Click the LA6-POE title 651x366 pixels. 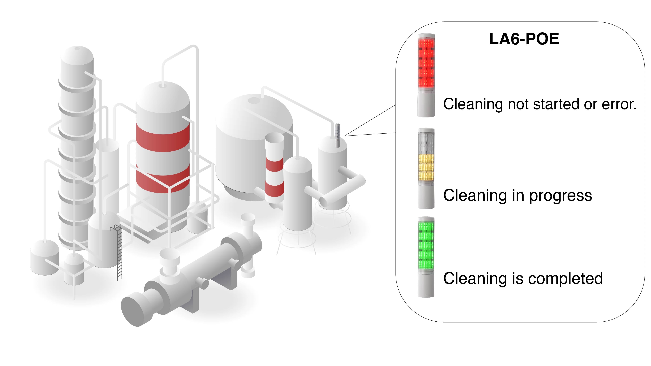click(524, 39)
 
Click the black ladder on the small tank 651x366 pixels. click(119, 253)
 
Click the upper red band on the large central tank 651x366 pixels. click(162, 138)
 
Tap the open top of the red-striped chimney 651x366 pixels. click(275, 138)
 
